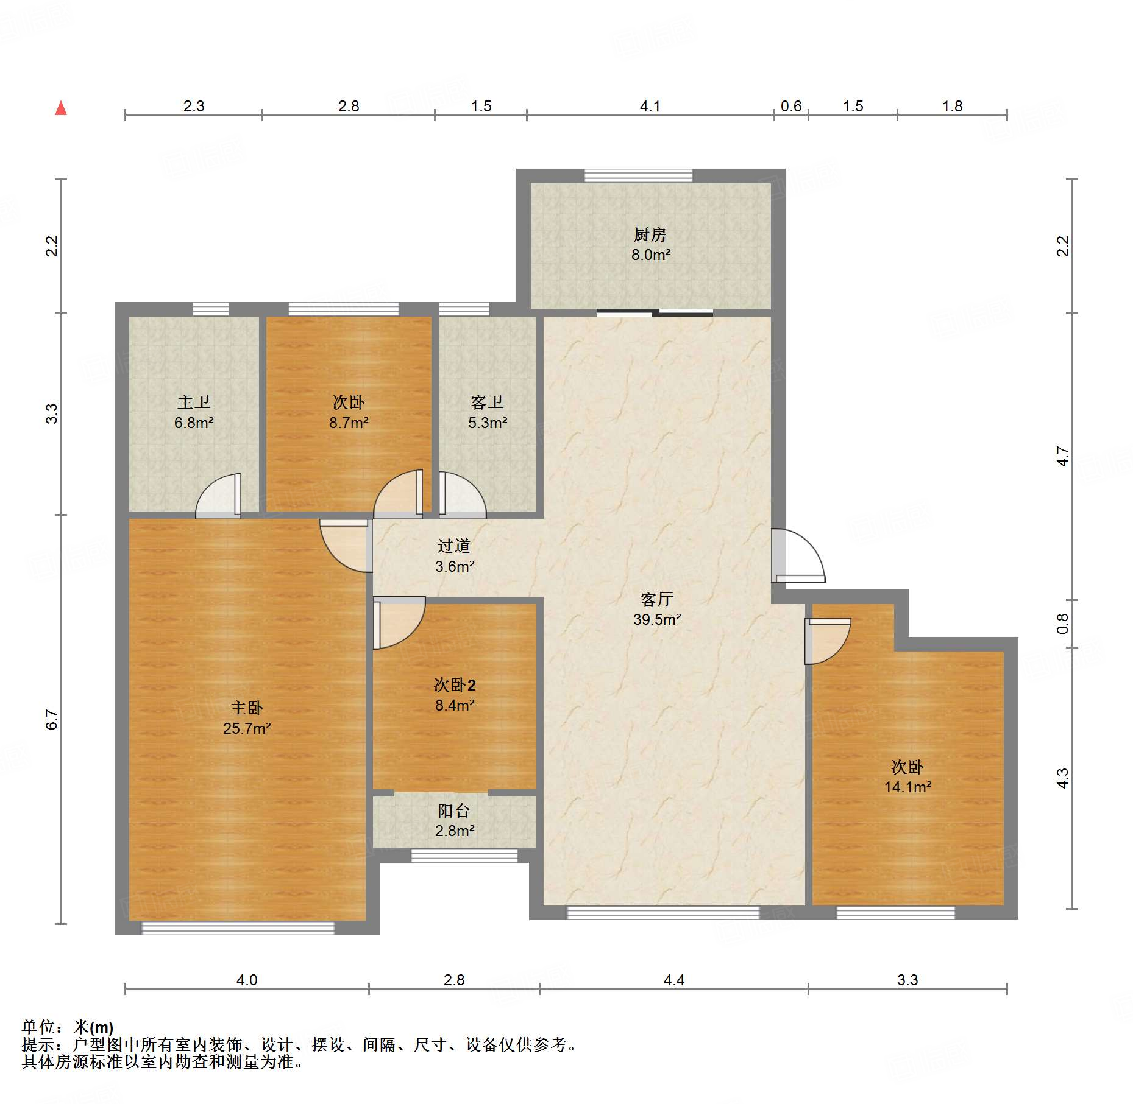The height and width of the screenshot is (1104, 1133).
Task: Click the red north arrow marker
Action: [x=61, y=108]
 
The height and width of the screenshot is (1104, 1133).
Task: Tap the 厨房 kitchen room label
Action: [x=650, y=234]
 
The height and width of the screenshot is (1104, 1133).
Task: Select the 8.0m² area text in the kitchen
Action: [x=651, y=255]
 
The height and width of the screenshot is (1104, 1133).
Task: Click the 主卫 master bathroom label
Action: [x=194, y=402]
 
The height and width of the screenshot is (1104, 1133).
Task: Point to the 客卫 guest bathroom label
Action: [x=487, y=402]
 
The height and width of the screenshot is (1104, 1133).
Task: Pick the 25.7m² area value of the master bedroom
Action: [x=247, y=728]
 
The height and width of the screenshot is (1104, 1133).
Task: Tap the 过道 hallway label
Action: [x=454, y=546]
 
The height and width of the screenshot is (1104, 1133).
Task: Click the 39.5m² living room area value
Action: [x=657, y=619]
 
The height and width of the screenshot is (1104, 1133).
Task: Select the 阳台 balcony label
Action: [x=454, y=810]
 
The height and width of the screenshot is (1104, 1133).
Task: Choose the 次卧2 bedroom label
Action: [x=455, y=685]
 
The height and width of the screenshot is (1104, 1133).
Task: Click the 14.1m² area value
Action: [x=908, y=787]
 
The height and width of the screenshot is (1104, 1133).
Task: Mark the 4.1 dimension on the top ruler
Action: [x=650, y=106]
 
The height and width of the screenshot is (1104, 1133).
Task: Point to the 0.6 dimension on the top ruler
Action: [x=791, y=106]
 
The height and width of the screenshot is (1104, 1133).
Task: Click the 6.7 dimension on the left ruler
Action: [x=52, y=719]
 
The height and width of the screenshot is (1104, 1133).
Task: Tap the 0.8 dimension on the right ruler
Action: [x=1063, y=624]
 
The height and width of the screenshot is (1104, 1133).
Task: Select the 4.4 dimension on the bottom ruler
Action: [x=674, y=980]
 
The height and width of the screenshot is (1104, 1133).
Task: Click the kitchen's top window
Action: [x=639, y=175]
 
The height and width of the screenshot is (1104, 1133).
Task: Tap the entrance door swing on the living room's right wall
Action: [x=798, y=555]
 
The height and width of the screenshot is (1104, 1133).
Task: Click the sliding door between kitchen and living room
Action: [x=655, y=313]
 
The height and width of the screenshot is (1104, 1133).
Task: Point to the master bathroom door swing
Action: [x=218, y=496]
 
